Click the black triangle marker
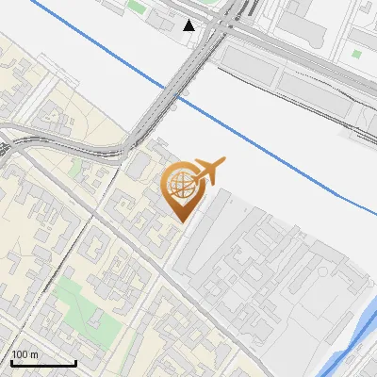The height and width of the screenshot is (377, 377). pos(189,25)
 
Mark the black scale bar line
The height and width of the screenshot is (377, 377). pos(43,364)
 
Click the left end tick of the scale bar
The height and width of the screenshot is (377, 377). pos(10,362)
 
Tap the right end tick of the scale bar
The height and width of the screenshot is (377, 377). pos(76,362)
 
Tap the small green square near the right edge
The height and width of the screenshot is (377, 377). pos(356,54)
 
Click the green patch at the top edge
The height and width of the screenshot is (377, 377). pos(137,7)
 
